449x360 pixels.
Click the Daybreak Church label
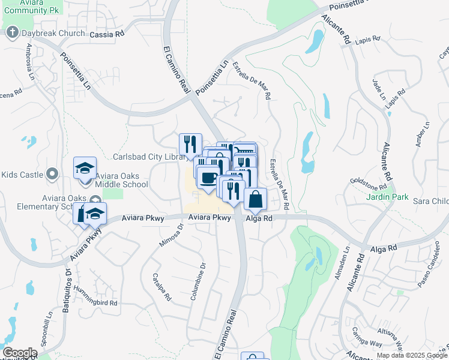pos(53,33)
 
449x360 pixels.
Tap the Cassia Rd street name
pos(106,35)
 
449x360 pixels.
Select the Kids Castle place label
pos(22,175)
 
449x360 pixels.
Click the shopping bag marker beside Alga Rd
pos(255,199)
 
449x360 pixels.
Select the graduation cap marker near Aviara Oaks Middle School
pos(85,169)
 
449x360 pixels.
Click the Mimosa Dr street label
pos(170,235)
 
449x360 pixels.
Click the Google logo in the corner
pos(19,353)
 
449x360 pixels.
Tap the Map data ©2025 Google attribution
pos(412,355)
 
